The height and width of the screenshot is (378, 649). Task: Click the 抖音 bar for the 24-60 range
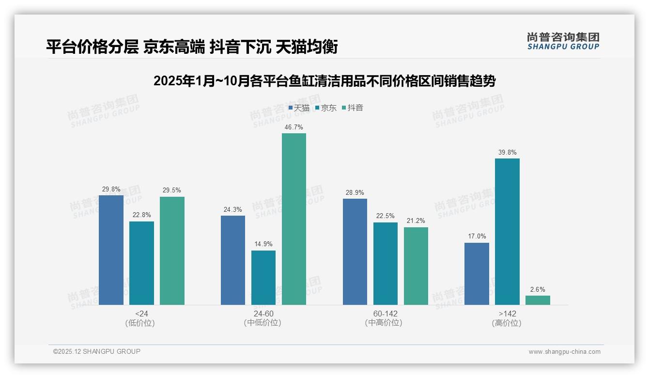pos(294,219)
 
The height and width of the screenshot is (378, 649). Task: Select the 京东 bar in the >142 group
pos(507,232)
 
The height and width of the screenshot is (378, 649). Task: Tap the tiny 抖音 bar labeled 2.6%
pos(538,300)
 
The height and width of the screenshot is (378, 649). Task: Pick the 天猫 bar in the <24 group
pos(111,250)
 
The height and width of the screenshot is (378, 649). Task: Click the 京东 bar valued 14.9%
pos(263,278)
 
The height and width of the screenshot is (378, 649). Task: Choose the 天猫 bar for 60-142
pos(355,252)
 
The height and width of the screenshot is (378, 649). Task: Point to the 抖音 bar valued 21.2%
pos(416,266)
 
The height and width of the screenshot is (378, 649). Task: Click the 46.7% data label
pos(294,127)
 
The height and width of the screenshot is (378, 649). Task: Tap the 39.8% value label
pos(507,153)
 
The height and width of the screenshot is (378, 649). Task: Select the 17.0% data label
pos(477,236)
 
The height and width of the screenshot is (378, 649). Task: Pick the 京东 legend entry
pos(326,108)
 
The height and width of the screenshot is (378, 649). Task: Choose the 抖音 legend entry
pos(353,108)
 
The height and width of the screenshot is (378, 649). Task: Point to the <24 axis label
pos(141,314)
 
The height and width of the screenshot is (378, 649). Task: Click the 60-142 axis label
pos(385,314)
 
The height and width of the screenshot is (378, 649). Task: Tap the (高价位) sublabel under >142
pos(507,323)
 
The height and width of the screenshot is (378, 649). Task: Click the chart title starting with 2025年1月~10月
pos(324,81)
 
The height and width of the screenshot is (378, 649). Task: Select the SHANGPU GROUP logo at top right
pos(563,41)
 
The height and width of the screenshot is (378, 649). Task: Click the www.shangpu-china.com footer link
pos(564,352)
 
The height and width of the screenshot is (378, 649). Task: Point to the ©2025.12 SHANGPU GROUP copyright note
pos(97,351)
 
